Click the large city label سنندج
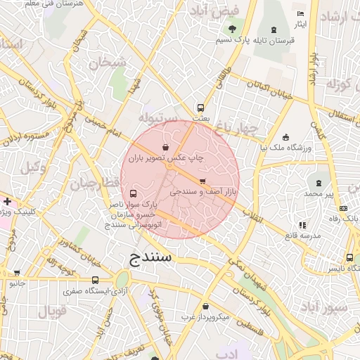(150, 257)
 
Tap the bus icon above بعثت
(201, 108)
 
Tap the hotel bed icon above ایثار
(301, 14)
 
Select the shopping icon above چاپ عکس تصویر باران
(165, 148)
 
